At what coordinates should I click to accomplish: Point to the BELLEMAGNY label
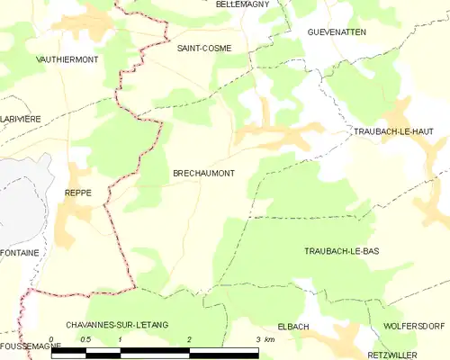click(245, 4)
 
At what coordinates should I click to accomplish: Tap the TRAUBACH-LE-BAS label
click(343, 250)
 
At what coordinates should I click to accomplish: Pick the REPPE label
click(78, 193)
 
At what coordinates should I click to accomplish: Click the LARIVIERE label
click(21, 119)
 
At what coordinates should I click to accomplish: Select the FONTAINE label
click(19, 253)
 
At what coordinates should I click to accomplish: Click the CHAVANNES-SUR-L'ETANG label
click(117, 323)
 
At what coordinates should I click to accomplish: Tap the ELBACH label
click(294, 326)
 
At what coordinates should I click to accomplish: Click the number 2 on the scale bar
click(190, 339)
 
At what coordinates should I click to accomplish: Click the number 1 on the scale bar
click(120, 339)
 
